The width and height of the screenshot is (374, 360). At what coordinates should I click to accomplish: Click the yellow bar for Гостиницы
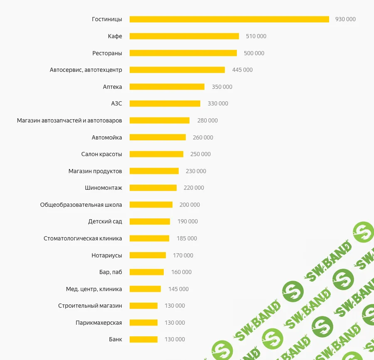[229, 19]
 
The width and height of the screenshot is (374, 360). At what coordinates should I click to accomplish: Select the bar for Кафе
[184, 36]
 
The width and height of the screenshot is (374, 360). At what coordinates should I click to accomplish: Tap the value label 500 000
[254, 53]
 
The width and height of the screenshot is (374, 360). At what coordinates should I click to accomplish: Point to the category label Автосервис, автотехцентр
[86, 70]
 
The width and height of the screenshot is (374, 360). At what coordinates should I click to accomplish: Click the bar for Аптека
[167, 87]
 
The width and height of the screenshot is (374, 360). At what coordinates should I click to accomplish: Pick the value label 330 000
[218, 103]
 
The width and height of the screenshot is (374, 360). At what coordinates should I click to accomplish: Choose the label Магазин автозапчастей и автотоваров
[69, 120]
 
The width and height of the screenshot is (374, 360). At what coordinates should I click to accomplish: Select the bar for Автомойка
[157, 137]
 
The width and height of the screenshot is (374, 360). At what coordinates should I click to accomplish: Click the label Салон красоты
[102, 154]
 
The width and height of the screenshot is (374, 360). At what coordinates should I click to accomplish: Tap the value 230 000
[196, 171]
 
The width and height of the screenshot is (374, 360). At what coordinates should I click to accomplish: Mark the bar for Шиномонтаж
[153, 188]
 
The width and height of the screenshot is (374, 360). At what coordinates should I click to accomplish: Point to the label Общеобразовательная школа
[81, 205]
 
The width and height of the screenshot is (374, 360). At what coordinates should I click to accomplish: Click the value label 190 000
[187, 221]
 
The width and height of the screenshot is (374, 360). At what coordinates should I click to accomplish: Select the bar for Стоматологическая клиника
[149, 238]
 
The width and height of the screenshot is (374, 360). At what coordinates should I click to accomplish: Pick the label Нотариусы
[107, 255]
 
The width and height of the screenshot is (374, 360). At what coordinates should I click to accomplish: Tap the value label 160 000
[181, 272]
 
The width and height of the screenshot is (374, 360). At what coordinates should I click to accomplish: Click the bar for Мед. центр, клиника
[145, 289]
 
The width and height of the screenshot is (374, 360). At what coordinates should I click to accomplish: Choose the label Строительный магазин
[90, 306]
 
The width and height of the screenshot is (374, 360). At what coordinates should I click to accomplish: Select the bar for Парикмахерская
[143, 323]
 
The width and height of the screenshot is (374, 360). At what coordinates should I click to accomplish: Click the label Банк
[116, 339]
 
